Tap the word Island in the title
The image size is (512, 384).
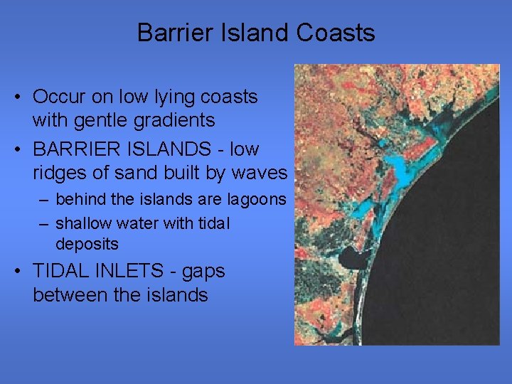(253, 33)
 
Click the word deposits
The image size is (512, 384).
(87, 245)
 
